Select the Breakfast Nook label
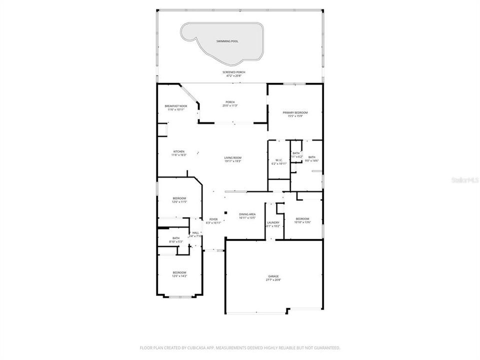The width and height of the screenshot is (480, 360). coord(175,107)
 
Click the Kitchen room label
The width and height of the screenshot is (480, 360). coord(179,153)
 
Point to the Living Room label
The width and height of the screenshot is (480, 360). coord(233,159)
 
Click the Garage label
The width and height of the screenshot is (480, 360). coord(273,278)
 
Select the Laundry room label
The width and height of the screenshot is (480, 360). coord(273,224)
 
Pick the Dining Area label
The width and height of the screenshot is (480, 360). coord(247,215)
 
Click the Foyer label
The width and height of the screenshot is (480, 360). coord(213,221)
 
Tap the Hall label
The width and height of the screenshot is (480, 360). coord(195,234)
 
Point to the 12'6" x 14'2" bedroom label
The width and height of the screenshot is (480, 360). coord(179,274)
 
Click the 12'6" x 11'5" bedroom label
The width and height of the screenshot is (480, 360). coord(179,200)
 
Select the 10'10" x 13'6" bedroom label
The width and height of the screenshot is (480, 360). coord(302,220)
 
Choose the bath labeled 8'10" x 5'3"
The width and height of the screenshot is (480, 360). coord(176,240)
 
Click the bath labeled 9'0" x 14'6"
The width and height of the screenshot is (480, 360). coord(312,159)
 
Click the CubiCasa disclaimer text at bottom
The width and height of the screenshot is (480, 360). coord(240,347)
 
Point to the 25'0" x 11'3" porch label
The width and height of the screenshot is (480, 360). coord(230,104)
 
